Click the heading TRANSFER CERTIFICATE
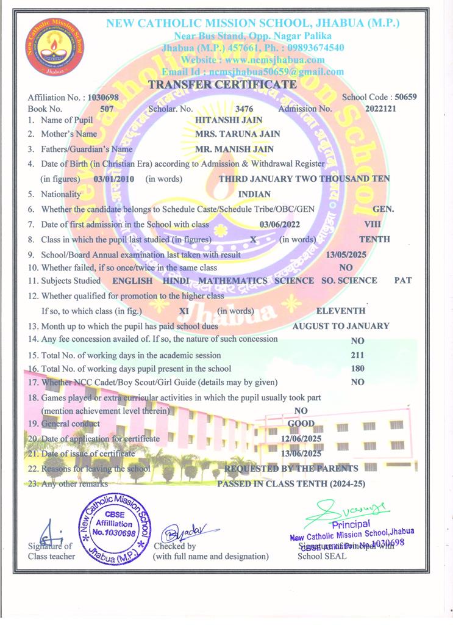click(x=223, y=85)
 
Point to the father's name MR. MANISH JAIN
click(x=234, y=149)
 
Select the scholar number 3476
click(x=244, y=109)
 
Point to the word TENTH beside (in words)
click(x=374, y=239)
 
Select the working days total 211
click(x=358, y=355)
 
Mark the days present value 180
click(x=358, y=369)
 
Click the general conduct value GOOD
click(x=301, y=424)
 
